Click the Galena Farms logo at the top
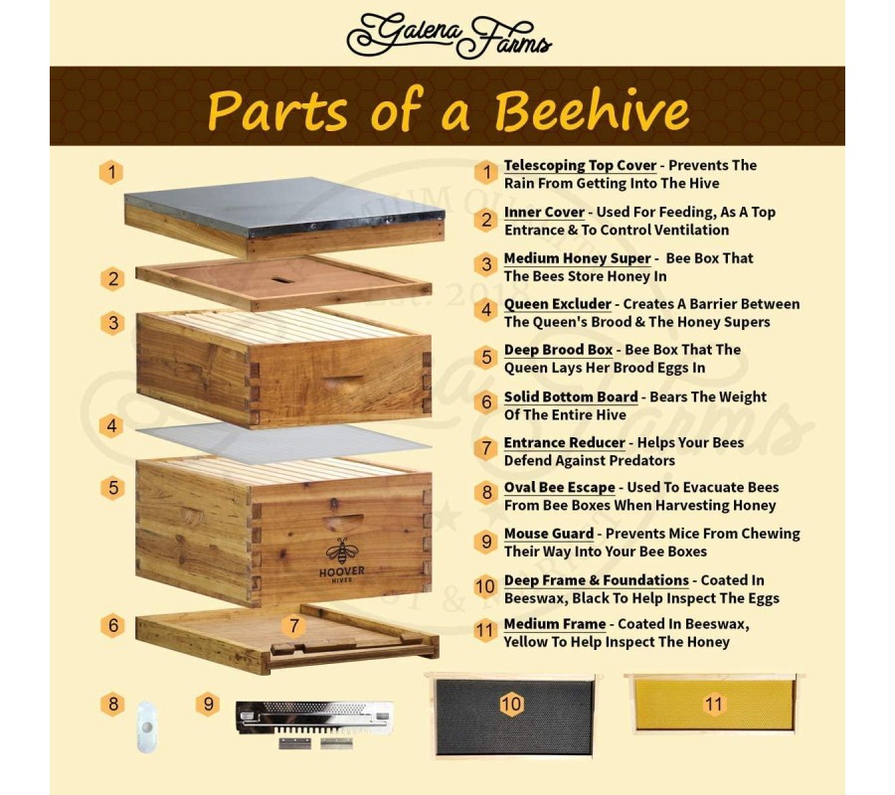pyautogui.click(x=448, y=36)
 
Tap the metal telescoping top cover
pyautogui.click(x=284, y=217)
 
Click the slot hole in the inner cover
pyautogui.click(x=282, y=280)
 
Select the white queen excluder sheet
pyautogui.click(x=283, y=442)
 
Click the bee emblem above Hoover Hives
pyautogui.click(x=342, y=551)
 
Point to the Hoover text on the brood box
pyautogui.click(x=342, y=570)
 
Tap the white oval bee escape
pyautogui.click(x=147, y=727)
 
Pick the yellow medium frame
pyautogui.click(x=714, y=704)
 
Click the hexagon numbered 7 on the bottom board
pyautogui.click(x=294, y=626)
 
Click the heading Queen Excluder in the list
pyautogui.click(x=558, y=304)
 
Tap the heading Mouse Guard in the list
pyautogui.click(x=549, y=534)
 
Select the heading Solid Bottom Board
pyautogui.click(x=571, y=397)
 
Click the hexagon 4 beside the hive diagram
pyautogui.click(x=111, y=426)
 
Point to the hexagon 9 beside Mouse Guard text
pyautogui.click(x=486, y=541)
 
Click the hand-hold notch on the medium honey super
pyautogui.click(x=342, y=381)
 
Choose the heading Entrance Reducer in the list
pyautogui.click(x=565, y=442)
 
